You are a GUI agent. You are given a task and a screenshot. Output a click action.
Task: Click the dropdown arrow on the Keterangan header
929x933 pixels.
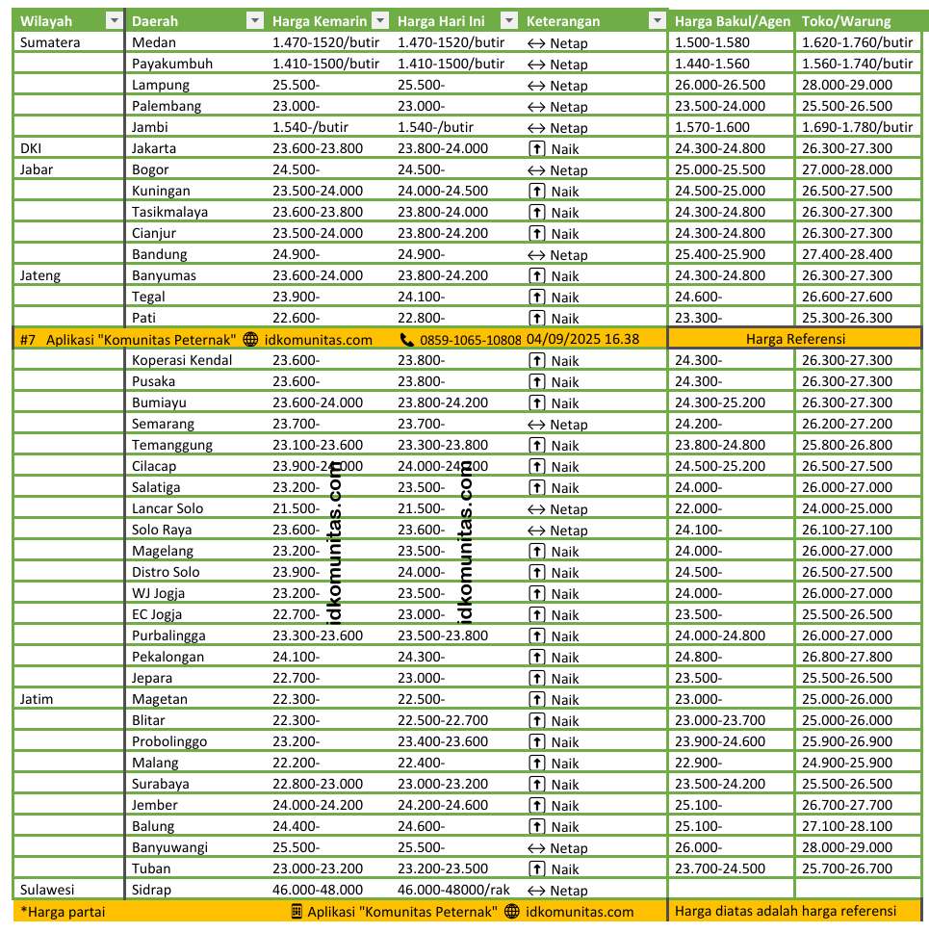point(658,21)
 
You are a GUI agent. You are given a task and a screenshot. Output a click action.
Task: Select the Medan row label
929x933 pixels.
point(154,42)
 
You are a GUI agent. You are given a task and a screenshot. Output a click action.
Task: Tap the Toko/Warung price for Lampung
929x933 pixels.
point(846,85)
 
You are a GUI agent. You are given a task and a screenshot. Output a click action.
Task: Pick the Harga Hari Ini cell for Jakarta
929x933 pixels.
point(443,148)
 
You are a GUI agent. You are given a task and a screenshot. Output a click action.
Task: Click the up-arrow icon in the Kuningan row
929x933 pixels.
point(537,191)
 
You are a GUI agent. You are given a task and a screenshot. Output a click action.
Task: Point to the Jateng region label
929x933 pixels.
point(40,275)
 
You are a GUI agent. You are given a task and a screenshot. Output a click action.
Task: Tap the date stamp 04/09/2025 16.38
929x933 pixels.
point(582,339)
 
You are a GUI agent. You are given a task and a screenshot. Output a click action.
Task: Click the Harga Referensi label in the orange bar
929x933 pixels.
point(794,339)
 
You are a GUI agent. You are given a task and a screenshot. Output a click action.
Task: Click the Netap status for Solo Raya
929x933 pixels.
point(568,531)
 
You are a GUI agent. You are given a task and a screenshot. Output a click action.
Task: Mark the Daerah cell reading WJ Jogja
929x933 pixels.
point(158,593)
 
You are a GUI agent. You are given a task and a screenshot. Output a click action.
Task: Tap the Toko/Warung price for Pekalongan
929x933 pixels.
point(846,657)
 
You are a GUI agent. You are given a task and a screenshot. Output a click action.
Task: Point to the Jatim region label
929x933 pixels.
point(37,699)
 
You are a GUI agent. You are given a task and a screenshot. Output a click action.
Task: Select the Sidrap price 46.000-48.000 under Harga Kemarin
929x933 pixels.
point(318,890)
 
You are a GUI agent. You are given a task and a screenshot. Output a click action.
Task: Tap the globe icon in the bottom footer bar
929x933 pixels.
point(511,912)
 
